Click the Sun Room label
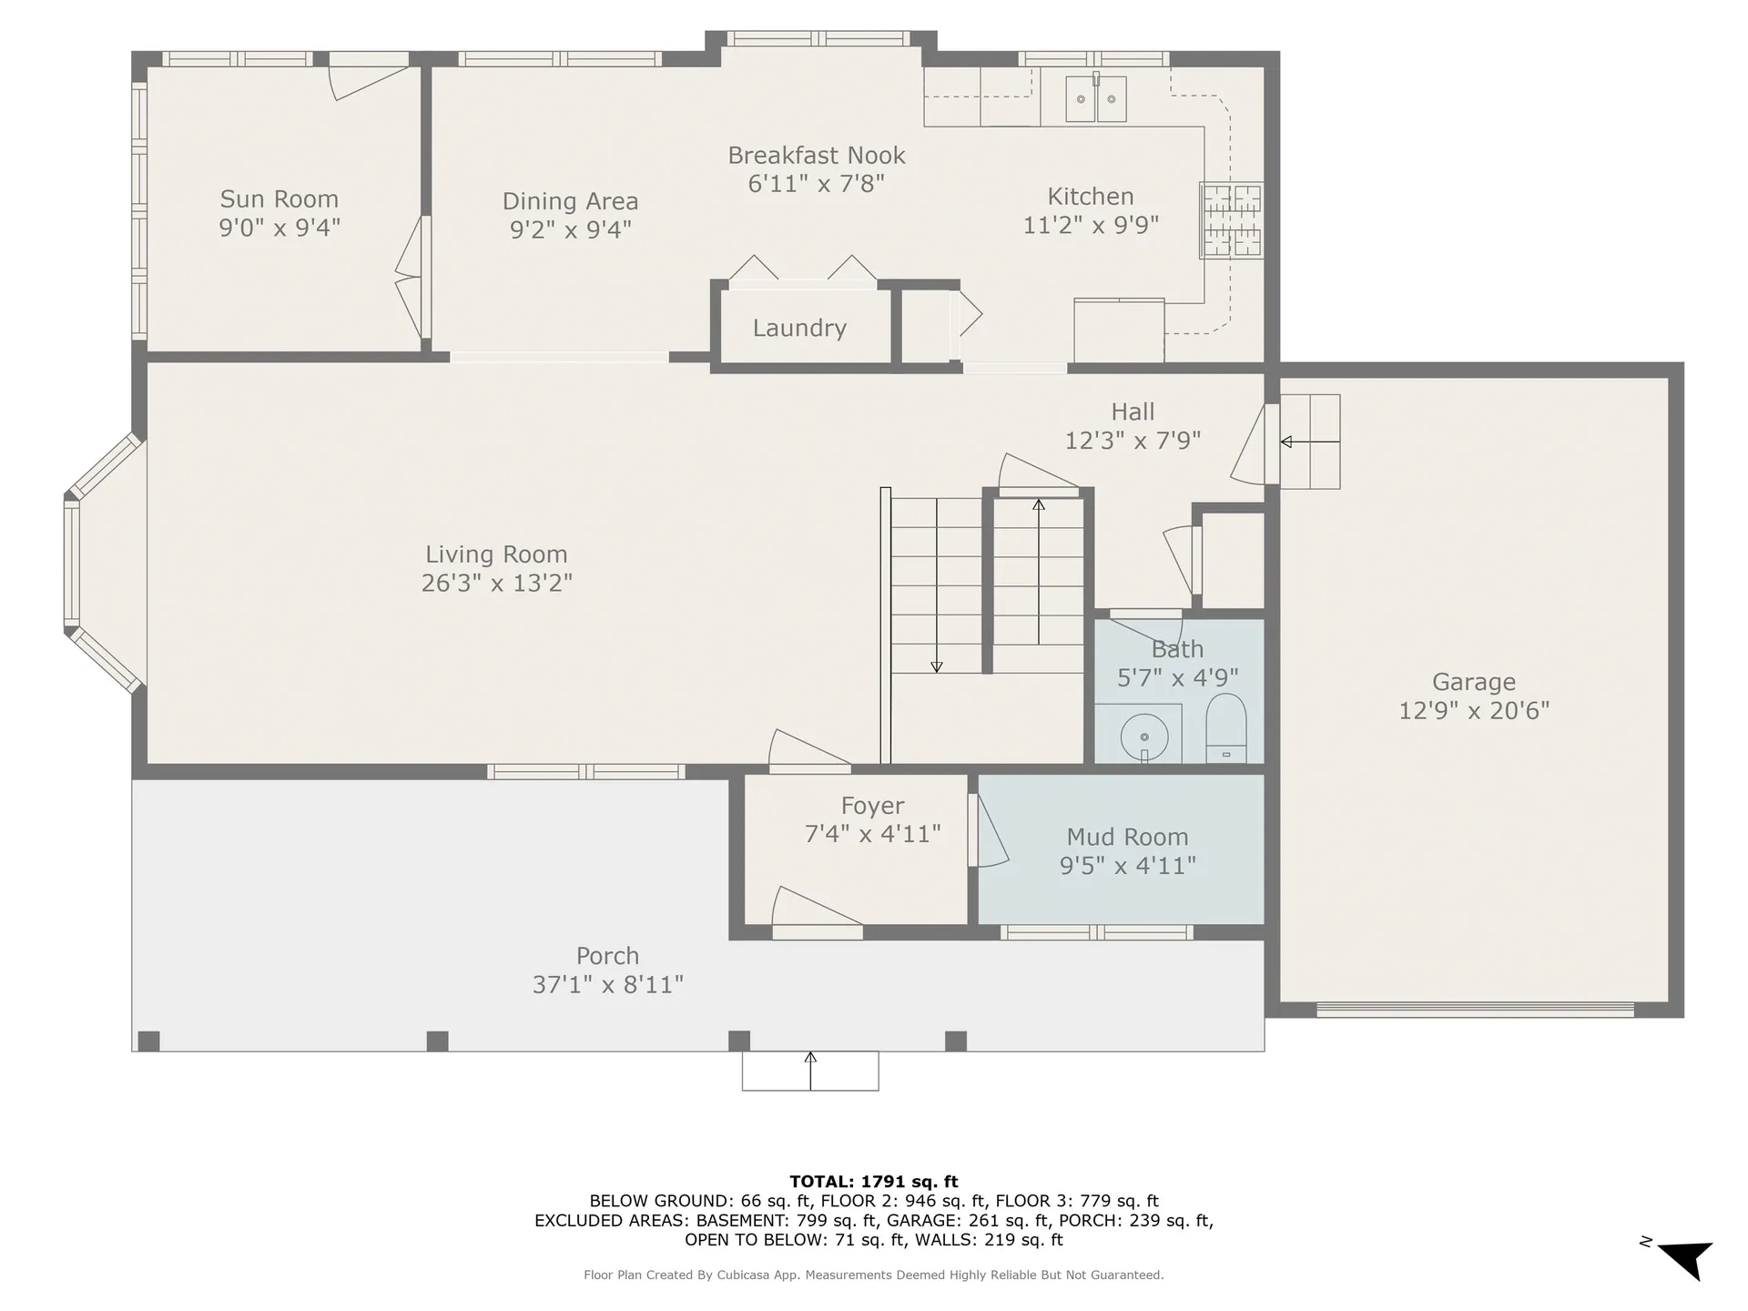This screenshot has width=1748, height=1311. pyautogui.click(x=279, y=199)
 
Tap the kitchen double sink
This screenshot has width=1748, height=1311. pyautogui.click(x=1096, y=98)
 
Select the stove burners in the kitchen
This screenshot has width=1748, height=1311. pyautogui.click(x=1231, y=220)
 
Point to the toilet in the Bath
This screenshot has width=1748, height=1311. pyautogui.click(x=1225, y=726)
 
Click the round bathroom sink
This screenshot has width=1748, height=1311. pyautogui.click(x=1144, y=737)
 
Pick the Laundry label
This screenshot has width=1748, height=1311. pyautogui.click(x=799, y=328)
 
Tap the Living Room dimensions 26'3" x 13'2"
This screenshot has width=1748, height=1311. pyautogui.click(x=496, y=583)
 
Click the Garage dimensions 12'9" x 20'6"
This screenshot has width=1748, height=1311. pyautogui.click(x=1473, y=710)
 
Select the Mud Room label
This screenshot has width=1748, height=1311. pyautogui.click(x=1127, y=837)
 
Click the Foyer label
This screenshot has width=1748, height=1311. pyautogui.click(x=872, y=806)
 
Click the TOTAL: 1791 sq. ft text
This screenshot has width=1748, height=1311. pyautogui.click(x=873, y=1182)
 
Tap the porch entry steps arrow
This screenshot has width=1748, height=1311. pyautogui.click(x=810, y=1071)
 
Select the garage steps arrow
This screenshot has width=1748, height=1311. pyautogui.click(x=1309, y=442)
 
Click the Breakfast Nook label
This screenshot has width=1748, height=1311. pyautogui.click(x=816, y=156)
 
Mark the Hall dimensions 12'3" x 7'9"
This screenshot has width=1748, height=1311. pyautogui.click(x=1133, y=441)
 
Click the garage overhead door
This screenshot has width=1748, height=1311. pyautogui.click(x=1475, y=1009)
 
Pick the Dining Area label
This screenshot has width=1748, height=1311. pyautogui.click(x=570, y=201)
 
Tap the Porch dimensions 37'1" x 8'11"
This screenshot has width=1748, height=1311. pyautogui.click(x=607, y=984)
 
